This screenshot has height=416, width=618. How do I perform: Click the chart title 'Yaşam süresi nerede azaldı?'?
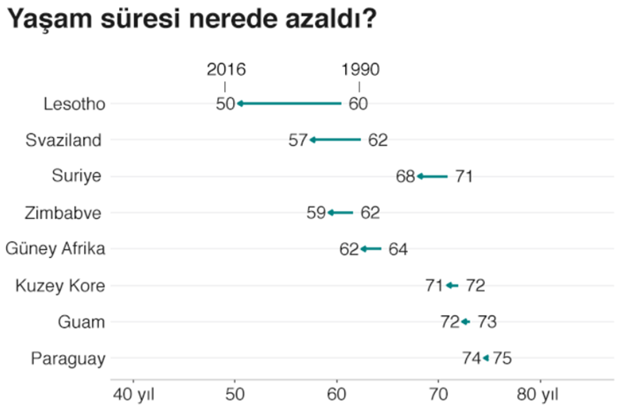click(x=191, y=19)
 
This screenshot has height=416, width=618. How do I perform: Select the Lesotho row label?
click(x=74, y=103)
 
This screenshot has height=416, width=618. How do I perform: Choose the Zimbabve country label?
click(x=68, y=213)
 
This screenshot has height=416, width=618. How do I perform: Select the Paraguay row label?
click(x=68, y=359)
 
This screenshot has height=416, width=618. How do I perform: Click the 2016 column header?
click(x=226, y=70)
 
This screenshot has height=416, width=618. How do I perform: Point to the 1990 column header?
click(x=360, y=70)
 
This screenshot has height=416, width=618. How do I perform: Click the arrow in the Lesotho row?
click(x=289, y=103)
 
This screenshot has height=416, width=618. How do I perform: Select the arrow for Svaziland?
click(x=335, y=140)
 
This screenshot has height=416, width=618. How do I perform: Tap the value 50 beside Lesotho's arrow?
click(x=225, y=103)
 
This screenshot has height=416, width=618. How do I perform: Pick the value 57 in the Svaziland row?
click(x=298, y=140)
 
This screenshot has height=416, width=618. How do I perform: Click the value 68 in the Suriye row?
click(x=405, y=177)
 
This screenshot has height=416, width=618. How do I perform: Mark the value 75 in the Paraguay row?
click(x=501, y=359)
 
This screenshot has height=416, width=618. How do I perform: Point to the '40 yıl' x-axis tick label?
click(x=134, y=393)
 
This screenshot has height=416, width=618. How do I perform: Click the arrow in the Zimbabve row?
click(x=340, y=213)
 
